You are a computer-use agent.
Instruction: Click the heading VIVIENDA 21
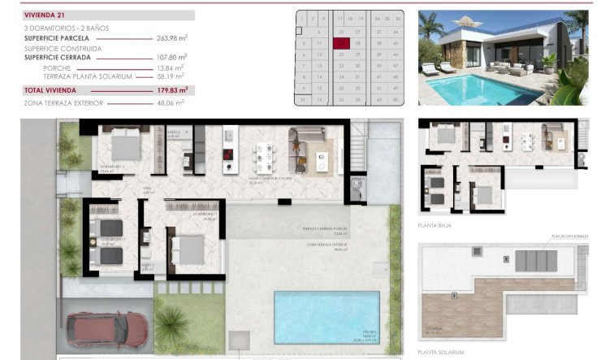tap(44, 15)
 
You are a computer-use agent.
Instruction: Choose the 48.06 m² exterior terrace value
tap(171, 103)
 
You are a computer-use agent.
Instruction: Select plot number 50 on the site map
tap(395, 99)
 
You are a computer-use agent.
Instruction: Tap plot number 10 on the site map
tap(303, 99)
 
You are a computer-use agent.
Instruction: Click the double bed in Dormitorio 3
tap(126, 146)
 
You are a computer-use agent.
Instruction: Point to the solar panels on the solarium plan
tap(534, 261)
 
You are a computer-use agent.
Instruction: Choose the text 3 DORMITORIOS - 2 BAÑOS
tap(67, 28)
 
